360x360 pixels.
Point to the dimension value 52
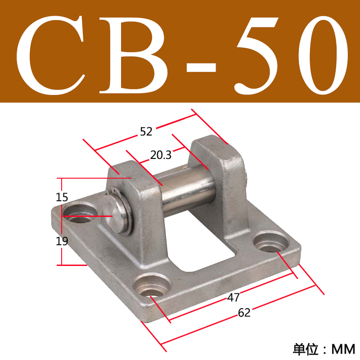[146, 132]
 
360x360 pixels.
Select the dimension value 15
[62, 197]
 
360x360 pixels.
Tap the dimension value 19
[62, 241]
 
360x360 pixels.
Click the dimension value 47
[234, 297]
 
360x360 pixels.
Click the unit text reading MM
[343, 348]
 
